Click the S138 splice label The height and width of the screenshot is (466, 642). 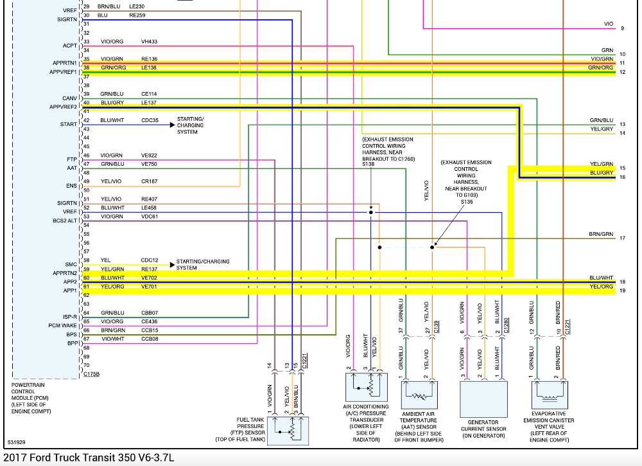click(368, 165)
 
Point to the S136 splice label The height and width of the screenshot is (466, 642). click(467, 202)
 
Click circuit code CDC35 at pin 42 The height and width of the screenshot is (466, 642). click(150, 120)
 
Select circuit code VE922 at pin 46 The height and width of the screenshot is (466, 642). click(149, 156)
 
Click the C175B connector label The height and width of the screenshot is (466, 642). click(91, 374)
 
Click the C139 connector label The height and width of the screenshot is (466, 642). click(437, 326)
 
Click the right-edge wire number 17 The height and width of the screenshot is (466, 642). click(622, 238)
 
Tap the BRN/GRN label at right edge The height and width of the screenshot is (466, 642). click(601, 234)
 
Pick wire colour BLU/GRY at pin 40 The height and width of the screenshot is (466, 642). click(112, 103)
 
